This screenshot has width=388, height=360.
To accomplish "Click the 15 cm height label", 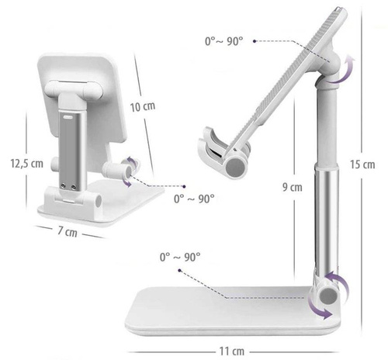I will tap(362, 164).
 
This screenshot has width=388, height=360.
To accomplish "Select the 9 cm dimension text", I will tap(293, 186).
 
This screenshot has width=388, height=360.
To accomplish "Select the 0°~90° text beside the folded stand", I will tap(194, 199).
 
